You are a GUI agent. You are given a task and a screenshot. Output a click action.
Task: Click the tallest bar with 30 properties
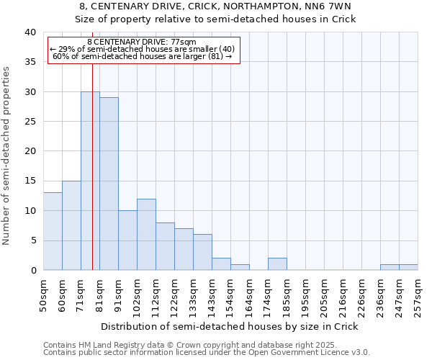tap(90, 181)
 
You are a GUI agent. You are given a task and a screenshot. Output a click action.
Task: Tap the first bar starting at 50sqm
tap(53, 231)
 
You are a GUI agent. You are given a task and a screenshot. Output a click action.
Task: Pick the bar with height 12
tap(146, 234)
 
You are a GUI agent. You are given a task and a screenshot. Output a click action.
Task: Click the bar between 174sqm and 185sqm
tap(277, 264)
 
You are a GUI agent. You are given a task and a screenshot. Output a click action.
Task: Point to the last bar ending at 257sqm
tap(408, 267)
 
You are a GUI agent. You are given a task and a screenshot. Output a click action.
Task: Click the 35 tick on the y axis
tap(30, 62)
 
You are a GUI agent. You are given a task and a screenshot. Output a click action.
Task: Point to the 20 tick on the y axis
tap(30, 151)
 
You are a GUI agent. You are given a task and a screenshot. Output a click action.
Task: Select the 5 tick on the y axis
tap(33, 240)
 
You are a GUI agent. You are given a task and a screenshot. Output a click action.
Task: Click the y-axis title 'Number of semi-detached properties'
tap(7, 156)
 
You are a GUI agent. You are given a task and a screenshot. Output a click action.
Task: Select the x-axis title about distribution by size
tap(229, 326)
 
